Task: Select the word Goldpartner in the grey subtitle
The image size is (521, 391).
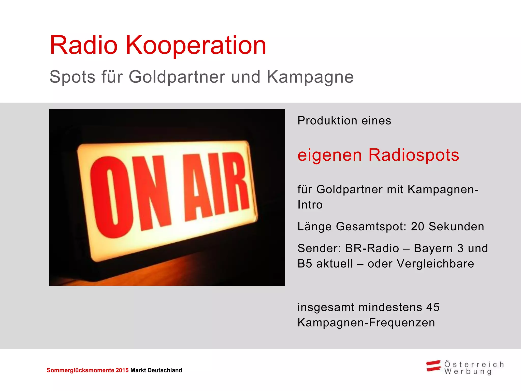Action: pyautogui.click(x=177, y=77)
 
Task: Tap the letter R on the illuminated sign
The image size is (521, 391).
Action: pyautogui.click(x=235, y=182)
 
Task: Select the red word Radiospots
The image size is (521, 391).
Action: pyautogui.click(x=414, y=155)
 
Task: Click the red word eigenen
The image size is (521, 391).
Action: pyautogui.click(x=329, y=156)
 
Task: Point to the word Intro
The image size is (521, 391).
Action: pyautogui.click(x=310, y=205)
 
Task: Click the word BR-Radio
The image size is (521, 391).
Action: pyautogui.click(x=372, y=248)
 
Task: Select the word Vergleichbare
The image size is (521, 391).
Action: pyautogui.click(x=435, y=264)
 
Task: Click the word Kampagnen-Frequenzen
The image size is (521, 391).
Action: pyautogui.click(x=366, y=323)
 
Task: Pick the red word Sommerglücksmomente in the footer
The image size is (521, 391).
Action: pyautogui.click(x=80, y=370)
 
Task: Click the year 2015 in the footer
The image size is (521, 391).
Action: pyautogui.click(x=122, y=370)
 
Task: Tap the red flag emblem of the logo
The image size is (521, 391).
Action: pyautogui.click(x=433, y=366)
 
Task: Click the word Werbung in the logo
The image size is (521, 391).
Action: pyautogui.click(x=468, y=372)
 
